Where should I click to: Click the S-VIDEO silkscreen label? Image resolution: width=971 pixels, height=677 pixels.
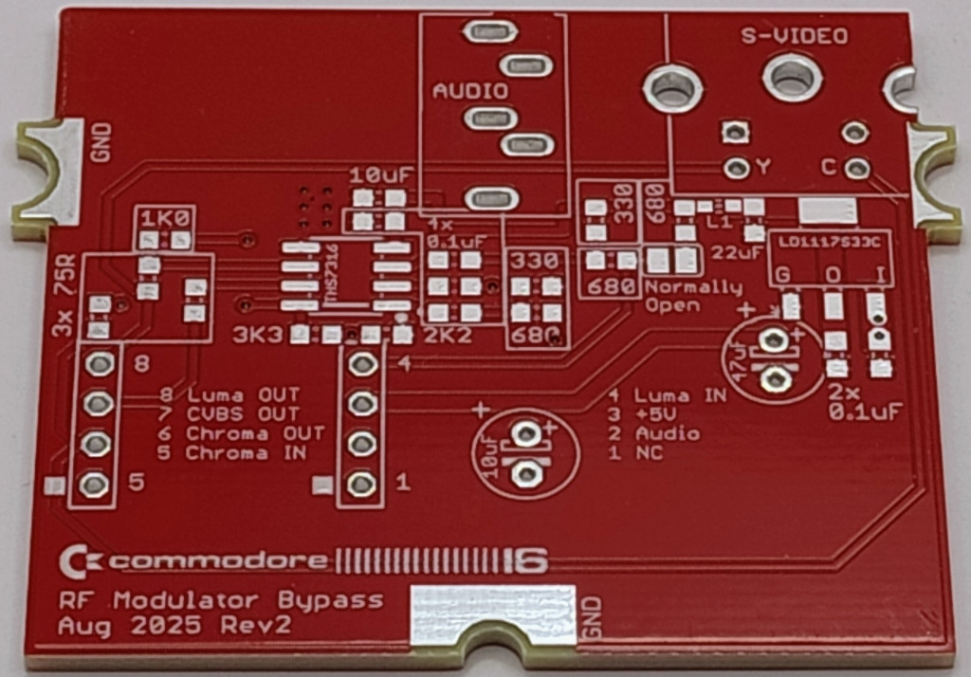click(794, 37)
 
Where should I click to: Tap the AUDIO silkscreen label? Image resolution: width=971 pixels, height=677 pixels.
click(470, 91)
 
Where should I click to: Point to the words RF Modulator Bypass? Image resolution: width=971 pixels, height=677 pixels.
click(221, 600)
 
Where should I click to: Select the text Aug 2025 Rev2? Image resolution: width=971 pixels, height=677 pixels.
click(174, 626)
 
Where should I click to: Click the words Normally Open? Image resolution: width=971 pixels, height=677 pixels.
click(693, 296)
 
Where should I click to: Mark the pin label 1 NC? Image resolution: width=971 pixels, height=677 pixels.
click(635, 453)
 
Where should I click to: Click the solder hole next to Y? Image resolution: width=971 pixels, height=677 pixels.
click(734, 168)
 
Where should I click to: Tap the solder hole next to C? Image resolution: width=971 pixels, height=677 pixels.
click(856, 169)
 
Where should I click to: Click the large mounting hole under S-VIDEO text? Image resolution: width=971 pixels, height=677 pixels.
click(792, 78)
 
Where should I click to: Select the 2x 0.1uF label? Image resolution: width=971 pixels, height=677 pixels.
click(863, 403)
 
